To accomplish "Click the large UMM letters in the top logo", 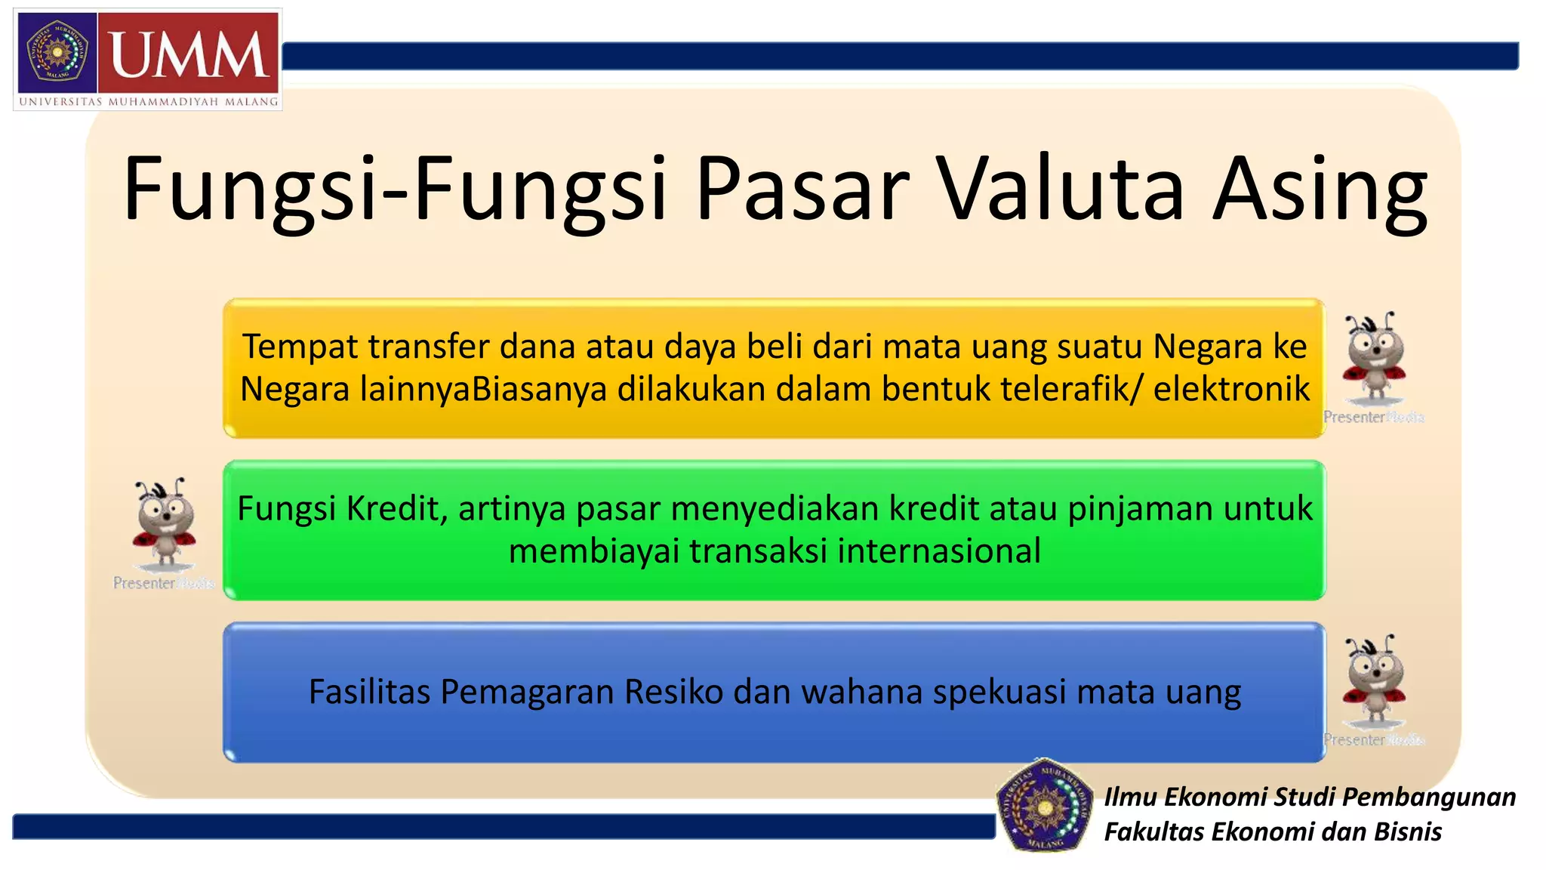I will [x=189, y=54].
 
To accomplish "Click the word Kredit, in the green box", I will [x=397, y=508].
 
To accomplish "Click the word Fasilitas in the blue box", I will [x=370, y=692].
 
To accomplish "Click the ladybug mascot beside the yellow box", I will [x=1373, y=359].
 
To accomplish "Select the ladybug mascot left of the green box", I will [x=165, y=523].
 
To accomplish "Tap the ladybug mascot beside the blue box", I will [x=1373, y=680].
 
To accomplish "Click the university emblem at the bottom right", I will [x=1045, y=805].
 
